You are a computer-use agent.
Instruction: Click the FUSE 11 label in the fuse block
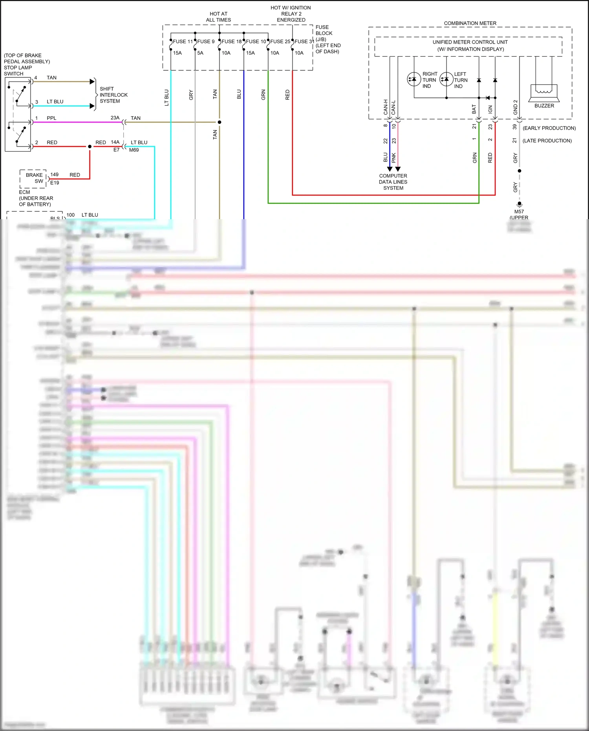click(x=183, y=41)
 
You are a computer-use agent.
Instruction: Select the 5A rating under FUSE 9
click(x=200, y=53)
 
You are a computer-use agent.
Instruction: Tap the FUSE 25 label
click(x=280, y=41)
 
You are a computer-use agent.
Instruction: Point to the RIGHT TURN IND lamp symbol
click(x=414, y=79)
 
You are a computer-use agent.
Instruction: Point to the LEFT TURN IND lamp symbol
click(x=446, y=79)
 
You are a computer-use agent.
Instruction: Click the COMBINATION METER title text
click(x=470, y=23)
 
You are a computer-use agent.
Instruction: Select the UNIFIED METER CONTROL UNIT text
click(x=470, y=42)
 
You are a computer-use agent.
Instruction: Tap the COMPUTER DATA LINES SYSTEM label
click(x=393, y=182)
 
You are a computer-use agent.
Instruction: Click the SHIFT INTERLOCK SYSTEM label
click(x=113, y=95)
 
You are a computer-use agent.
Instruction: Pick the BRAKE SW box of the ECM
click(x=34, y=178)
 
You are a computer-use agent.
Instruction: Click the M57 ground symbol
click(x=519, y=204)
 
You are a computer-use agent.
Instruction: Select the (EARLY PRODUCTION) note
click(x=549, y=128)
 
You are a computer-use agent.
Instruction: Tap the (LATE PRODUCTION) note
click(x=547, y=141)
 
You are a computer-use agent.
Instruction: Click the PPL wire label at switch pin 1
click(x=51, y=118)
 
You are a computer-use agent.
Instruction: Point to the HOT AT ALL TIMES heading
click(x=218, y=16)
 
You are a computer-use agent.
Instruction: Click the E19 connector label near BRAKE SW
click(x=55, y=183)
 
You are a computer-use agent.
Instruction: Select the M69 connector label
click(x=134, y=150)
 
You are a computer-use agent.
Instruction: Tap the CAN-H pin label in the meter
click(x=386, y=107)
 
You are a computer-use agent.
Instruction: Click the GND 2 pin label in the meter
click(x=515, y=107)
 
